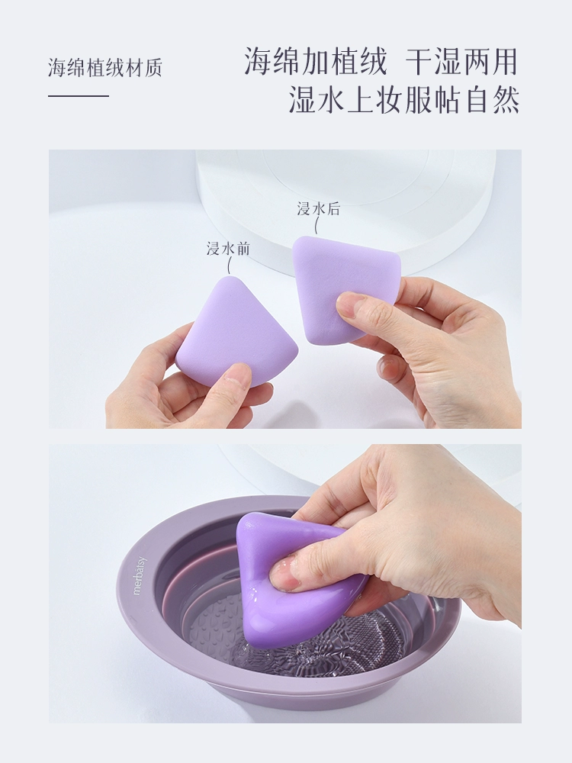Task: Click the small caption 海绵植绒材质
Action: (104, 68)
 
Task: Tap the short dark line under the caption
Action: (79, 96)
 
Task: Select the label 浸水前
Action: (228, 249)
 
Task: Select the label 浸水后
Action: (319, 209)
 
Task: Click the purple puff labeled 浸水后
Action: (345, 287)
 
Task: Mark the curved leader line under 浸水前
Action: (230, 266)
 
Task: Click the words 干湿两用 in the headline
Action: (461, 62)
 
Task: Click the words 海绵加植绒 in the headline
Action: (316, 62)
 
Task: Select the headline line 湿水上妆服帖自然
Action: (404, 99)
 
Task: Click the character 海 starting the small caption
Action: (57, 68)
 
